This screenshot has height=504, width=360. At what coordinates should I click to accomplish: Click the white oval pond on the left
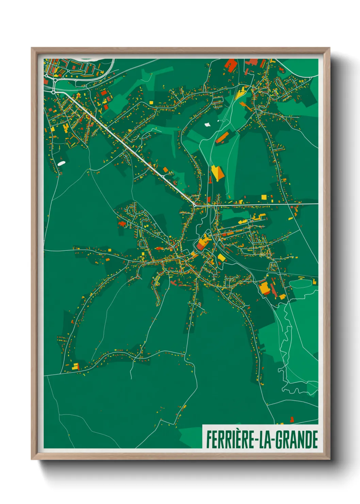[61, 163]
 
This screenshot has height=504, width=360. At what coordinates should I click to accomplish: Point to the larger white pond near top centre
[207, 124]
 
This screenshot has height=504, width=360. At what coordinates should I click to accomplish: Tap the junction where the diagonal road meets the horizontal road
[194, 205]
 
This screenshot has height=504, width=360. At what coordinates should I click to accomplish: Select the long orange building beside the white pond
[223, 137]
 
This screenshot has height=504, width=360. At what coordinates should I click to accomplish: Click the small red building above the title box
[292, 419]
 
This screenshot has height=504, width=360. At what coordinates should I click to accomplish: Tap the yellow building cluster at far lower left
[75, 367]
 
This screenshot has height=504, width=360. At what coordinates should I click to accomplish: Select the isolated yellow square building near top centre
[151, 102]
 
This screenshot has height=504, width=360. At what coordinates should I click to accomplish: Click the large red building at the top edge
[231, 65]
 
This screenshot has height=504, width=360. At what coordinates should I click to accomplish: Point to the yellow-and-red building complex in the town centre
[203, 242]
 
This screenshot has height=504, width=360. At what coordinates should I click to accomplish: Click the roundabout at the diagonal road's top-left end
[54, 92]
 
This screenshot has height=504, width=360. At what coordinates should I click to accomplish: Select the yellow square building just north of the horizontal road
[264, 197]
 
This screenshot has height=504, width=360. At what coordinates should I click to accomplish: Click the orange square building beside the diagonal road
[166, 170]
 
